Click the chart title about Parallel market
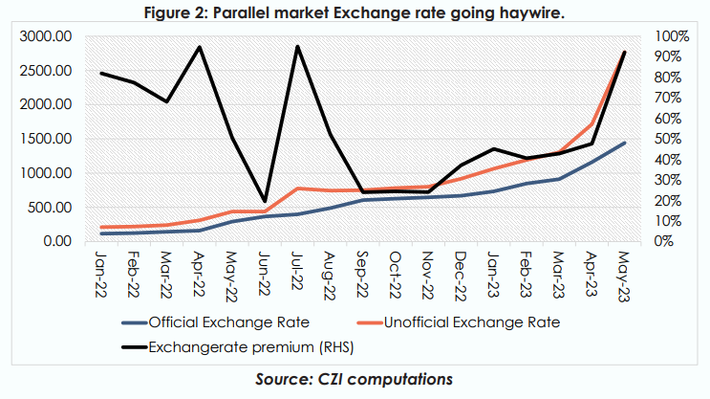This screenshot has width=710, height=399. pyautogui.click(x=355, y=11)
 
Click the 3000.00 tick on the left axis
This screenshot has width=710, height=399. pyautogui.click(x=44, y=36)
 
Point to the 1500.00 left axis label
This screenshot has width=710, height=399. pyautogui.click(x=44, y=139)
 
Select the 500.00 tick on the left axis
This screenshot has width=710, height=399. pyautogui.click(x=48, y=208)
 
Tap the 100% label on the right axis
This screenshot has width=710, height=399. pyautogui.click(x=674, y=36)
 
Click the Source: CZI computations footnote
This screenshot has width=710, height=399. pyautogui.click(x=354, y=379)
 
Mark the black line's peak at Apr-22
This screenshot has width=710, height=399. pyautogui.click(x=200, y=47)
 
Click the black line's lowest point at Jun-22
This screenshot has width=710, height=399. pyautogui.click(x=265, y=201)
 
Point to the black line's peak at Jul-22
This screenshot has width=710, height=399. pyautogui.click(x=298, y=46)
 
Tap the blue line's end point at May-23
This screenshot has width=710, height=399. pyautogui.click(x=625, y=143)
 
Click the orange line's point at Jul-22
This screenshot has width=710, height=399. pyautogui.click(x=298, y=188)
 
